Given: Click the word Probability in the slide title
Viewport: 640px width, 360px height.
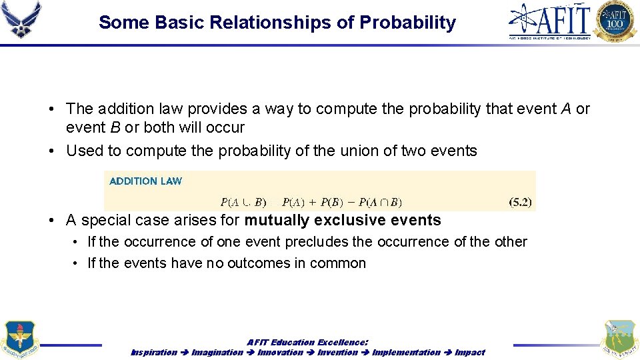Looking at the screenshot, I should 407,23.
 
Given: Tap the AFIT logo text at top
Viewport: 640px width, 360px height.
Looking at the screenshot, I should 550,20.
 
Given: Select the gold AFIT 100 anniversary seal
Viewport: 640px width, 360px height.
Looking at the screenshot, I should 616,21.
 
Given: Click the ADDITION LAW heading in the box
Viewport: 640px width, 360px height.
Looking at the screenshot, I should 145,181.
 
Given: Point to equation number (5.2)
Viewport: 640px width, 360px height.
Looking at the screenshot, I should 519,202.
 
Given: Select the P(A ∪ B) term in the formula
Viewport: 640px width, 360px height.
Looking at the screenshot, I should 243,202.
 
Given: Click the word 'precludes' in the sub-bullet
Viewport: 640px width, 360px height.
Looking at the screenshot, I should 316,241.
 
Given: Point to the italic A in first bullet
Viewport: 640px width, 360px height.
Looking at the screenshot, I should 566,109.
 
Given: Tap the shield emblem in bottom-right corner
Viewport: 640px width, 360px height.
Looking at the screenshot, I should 619,339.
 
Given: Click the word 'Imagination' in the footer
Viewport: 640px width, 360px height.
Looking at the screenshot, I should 217,352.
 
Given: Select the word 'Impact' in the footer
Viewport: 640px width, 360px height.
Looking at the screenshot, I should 470,352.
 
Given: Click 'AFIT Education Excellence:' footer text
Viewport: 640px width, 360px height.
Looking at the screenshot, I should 308,342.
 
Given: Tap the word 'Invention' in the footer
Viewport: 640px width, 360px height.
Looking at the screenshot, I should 337,352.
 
